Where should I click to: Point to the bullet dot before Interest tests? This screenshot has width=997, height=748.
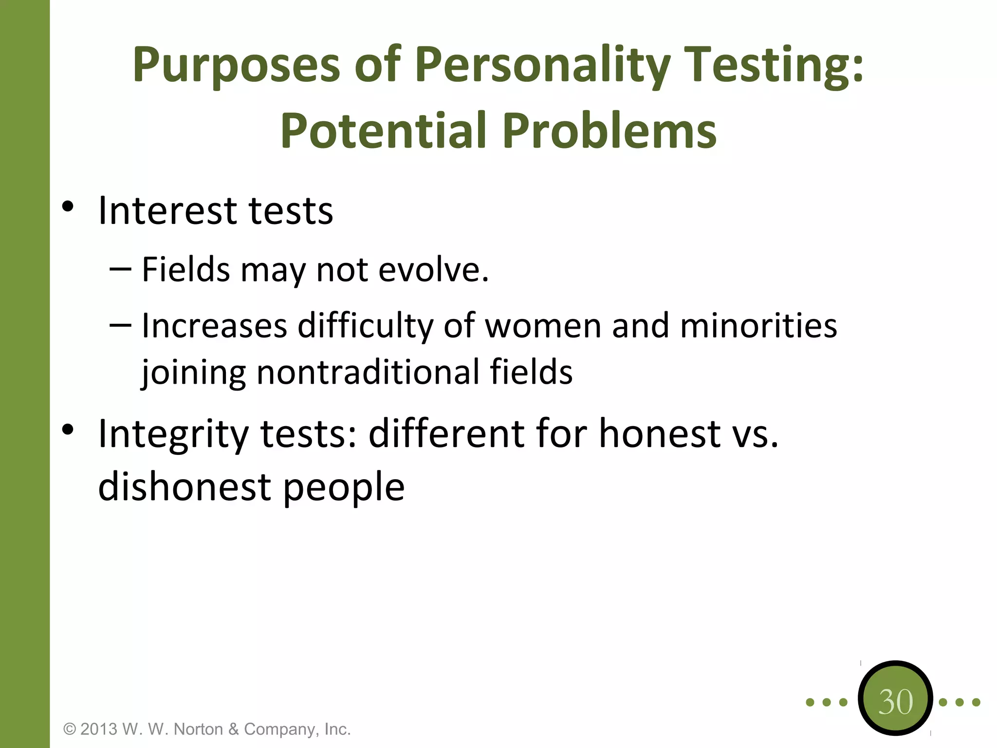coord(68,206)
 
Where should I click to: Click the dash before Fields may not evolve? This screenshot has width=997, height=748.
coord(120,269)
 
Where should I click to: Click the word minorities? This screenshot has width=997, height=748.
coord(758,326)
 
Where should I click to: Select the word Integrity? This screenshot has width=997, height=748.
coord(173,434)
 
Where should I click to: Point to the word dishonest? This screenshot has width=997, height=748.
coord(184,486)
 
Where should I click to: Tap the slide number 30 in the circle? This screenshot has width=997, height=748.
coord(895,702)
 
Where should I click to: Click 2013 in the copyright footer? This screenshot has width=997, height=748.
coord(99,729)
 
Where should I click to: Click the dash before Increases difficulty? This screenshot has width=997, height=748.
coord(120,325)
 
